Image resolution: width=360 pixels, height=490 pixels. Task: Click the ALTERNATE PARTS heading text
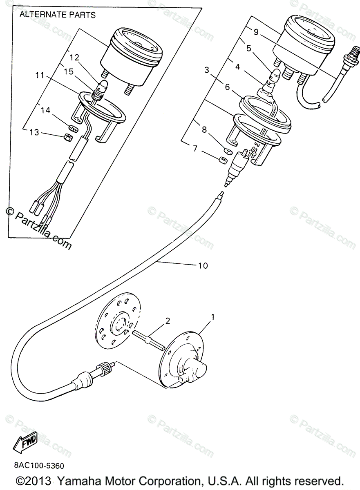click(57, 15)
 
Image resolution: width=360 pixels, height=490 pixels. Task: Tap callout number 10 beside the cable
click(203, 266)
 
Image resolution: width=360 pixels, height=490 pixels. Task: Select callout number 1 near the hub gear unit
click(212, 316)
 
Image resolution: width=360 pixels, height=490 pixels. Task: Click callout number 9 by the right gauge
click(256, 32)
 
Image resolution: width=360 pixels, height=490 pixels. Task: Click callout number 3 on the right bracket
click(207, 70)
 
